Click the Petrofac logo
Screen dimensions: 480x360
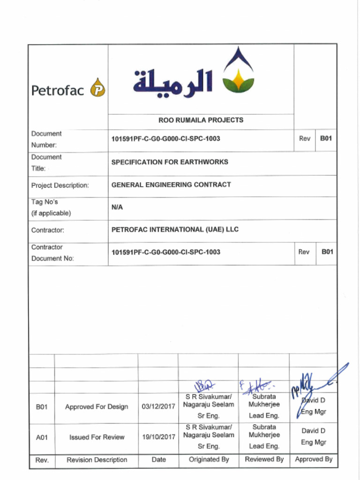68,89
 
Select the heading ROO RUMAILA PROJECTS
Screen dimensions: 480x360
201,120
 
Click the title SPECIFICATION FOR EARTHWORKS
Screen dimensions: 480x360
170,162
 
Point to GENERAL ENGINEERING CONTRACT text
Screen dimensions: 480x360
171,185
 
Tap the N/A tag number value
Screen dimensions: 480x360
117,207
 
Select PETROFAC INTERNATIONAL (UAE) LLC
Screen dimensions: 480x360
175,230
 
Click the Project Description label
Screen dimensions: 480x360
60,185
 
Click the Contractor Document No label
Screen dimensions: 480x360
52,253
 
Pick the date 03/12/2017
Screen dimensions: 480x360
158,407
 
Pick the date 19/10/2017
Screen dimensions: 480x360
158,437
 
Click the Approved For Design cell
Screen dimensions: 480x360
97,407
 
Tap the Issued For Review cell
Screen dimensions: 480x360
97,437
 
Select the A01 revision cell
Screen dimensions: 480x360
42,437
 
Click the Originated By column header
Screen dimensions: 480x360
209,460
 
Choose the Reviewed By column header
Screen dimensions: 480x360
264,460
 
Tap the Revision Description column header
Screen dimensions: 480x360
97,460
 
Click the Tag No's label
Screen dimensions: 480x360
51,207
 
